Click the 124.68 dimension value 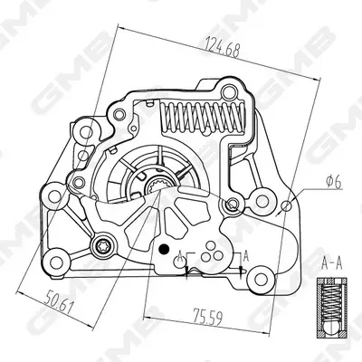(x=223, y=47)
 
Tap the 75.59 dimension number (x=208, y=316)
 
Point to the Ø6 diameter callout (x=335, y=182)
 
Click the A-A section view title (x=332, y=263)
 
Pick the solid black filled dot (x=164, y=249)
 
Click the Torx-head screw (x=102, y=246)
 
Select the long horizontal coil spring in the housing (x=203, y=118)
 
